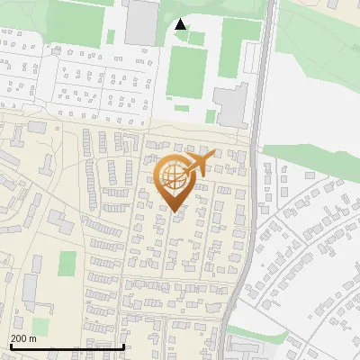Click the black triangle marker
[x=181, y=24]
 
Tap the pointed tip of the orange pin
[x=175, y=212]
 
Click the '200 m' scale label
[x=23, y=337]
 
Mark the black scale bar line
[x=67, y=346]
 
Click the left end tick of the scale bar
[x=10, y=345]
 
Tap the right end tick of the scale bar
[x=123, y=345]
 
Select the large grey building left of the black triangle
[x=140, y=22]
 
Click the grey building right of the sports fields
[x=231, y=105]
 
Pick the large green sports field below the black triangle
[x=186, y=72]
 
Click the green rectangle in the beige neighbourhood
[x=67, y=264]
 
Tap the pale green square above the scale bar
[x=40, y=325]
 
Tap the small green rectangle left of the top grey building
[x=112, y=37]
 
